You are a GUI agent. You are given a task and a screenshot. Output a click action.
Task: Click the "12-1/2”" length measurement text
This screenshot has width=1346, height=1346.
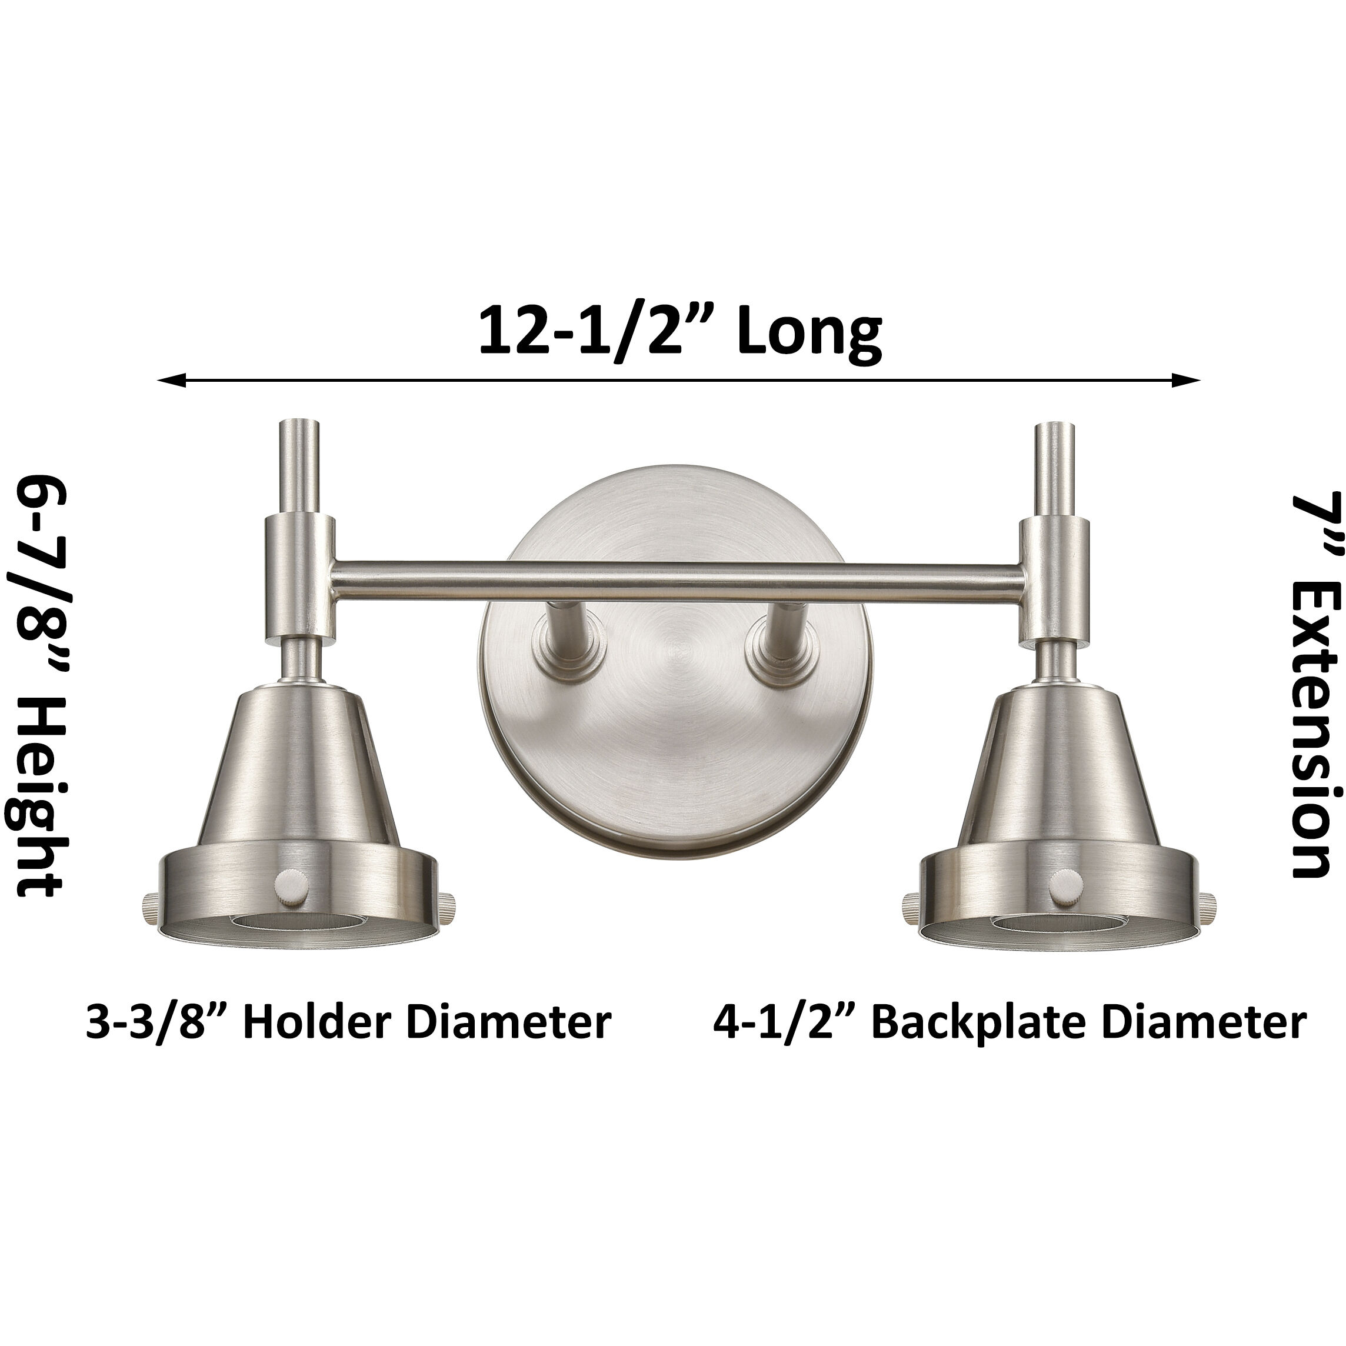tap(599, 332)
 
